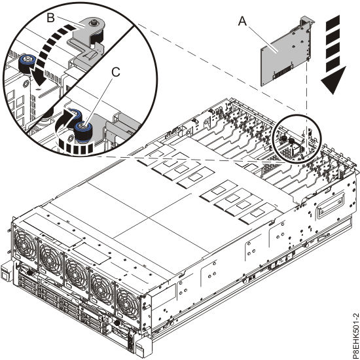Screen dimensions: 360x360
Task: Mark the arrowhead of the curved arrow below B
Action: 39,82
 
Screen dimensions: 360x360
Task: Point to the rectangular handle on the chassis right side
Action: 327,210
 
